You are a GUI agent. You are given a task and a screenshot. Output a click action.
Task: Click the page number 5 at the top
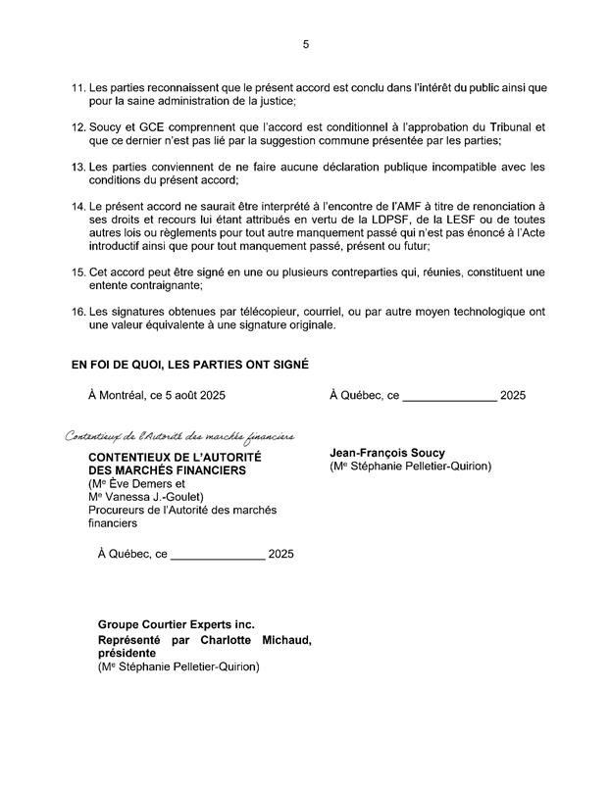point(305,44)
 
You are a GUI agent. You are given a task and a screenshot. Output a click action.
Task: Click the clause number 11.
point(79,89)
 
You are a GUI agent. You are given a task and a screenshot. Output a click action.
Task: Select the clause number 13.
point(79,168)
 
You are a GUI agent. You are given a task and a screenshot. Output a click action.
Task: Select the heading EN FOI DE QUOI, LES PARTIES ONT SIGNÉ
point(189,365)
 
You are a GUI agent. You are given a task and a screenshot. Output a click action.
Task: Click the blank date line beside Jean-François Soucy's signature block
point(449,397)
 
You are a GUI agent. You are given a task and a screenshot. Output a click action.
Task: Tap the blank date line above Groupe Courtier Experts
point(218,555)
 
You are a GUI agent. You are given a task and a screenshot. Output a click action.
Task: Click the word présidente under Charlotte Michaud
point(130,654)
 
